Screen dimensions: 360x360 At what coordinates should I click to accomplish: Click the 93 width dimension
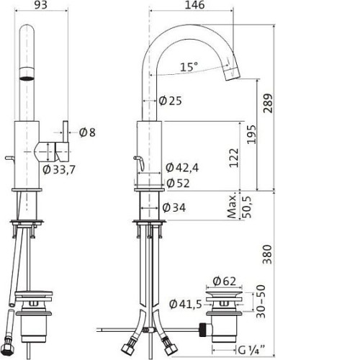point(41,5)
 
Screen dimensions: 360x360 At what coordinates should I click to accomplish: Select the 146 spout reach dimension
point(194,5)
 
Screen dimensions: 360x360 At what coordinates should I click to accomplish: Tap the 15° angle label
point(189,67)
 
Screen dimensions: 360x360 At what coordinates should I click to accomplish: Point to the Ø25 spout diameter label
point(171,101)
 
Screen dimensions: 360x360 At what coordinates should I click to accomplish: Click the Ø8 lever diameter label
point(87,132)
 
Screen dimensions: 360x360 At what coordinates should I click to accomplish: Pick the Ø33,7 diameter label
point(59,170)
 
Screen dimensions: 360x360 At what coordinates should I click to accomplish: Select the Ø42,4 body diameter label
point(182,168)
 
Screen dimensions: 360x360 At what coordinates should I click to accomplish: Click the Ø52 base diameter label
point(178,184)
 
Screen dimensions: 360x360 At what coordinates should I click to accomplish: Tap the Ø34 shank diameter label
point(174,207)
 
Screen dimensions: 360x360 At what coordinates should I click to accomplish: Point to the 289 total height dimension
point(268,103)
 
